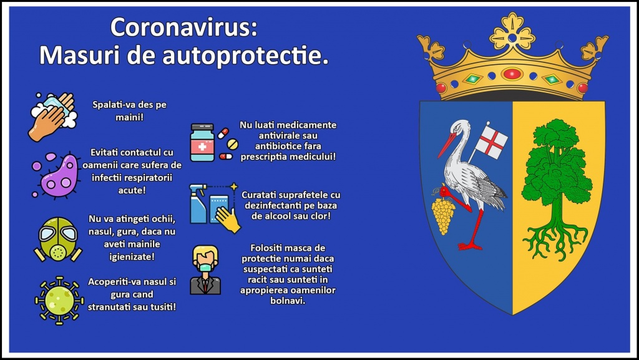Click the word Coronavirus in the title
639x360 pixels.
pyautogui.click(x=184, y=27)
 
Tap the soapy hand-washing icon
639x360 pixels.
pyautogui.click(x=52, y=117)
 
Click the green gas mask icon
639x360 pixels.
pyautogui.click(x=57, y=239)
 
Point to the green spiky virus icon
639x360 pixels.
pyautogui.click(x=59, y=301)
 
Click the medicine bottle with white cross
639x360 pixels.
pyautogui.click(x=202, y=142)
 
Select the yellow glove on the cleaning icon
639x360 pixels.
pyautogui.click(x=228, y=220)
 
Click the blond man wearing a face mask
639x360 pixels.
pyautogui.click(x=205, y=270)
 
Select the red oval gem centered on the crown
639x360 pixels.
pyautogui.click(x=512, y=74)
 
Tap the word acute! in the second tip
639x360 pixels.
pyautogui.click(x=132, y=190)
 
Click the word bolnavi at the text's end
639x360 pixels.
pyautogui.click(x=287, y=301)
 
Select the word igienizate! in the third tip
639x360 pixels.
pyautogui.click(x=132, y=256)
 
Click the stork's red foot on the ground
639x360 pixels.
pyautogui.click(x=469, y=246)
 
